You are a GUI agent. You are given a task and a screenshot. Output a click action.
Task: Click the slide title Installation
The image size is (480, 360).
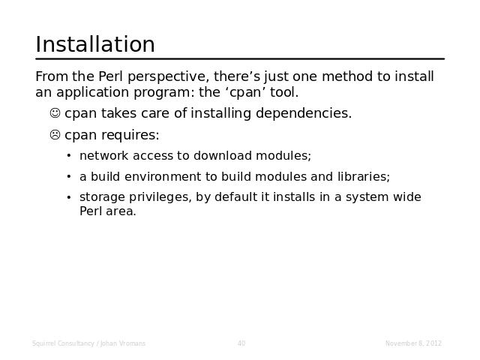95,44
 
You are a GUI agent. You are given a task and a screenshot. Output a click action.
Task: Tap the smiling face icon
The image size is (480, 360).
55,112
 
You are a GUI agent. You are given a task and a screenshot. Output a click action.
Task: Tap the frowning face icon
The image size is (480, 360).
55,134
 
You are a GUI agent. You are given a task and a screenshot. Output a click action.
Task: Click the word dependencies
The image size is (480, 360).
304,113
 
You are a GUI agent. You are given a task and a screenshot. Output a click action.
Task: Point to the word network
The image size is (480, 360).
103,156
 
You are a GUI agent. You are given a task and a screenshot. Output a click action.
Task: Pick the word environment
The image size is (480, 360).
168,177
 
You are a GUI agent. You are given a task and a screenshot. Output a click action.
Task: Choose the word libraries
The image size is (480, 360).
364,177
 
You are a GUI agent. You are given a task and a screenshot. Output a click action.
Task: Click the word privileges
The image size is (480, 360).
160,197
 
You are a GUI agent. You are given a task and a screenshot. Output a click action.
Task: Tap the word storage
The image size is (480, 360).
102,197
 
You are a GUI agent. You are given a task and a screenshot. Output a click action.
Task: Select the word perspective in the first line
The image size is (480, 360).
168,76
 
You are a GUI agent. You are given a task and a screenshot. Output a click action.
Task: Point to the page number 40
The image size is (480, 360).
241,343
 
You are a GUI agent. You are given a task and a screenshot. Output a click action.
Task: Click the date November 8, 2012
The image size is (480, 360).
413,343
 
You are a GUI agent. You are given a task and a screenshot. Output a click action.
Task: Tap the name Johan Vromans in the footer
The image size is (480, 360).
123,343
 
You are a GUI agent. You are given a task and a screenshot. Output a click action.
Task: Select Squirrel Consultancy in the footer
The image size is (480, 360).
63,343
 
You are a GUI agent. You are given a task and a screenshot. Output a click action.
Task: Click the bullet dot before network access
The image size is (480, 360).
69,156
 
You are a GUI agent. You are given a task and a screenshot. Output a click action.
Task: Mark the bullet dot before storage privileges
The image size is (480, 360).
69,197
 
